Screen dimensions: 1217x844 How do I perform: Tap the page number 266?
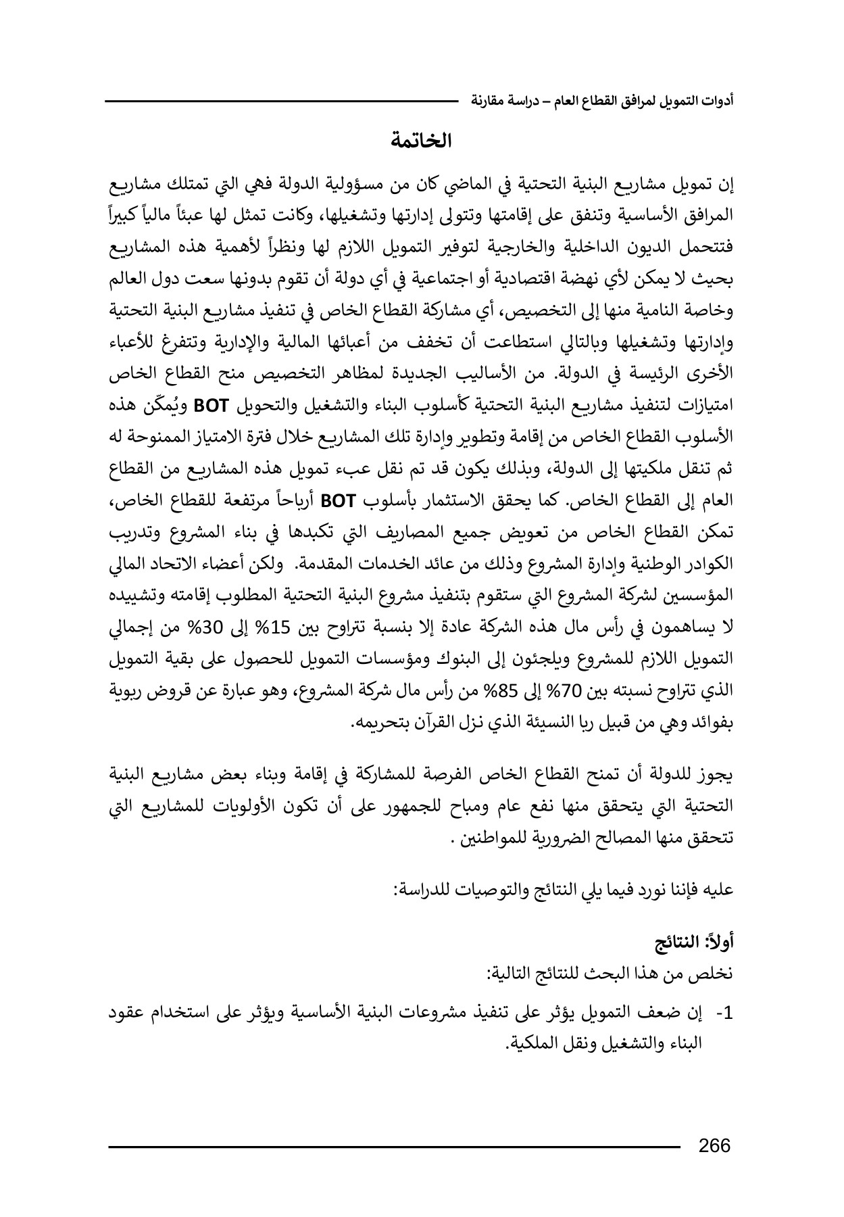click(x=715, y=1145)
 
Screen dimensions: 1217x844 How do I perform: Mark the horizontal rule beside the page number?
click(x=395, y=1147)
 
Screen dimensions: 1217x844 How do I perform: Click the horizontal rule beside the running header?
click(x=281, y=101)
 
